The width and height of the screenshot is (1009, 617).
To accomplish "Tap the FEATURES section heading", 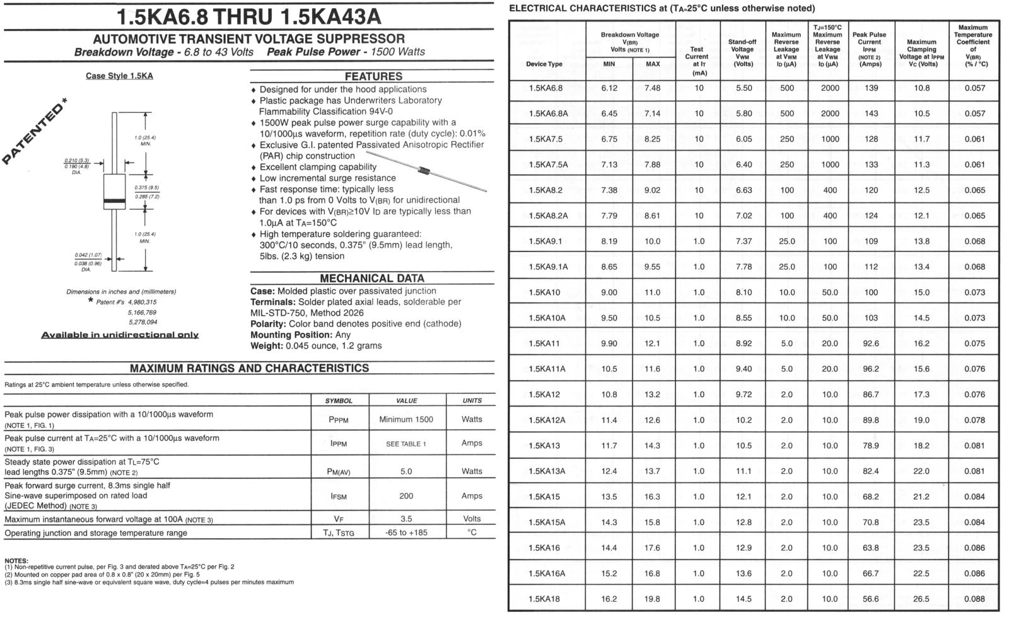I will point(373,76).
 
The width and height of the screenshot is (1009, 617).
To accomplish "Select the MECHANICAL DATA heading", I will point(372,278).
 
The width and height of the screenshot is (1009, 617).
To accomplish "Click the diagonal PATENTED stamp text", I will point(35,132).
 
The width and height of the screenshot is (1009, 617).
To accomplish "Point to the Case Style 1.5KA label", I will point(119,76).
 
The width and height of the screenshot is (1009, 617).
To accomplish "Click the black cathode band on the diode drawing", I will point(114,201).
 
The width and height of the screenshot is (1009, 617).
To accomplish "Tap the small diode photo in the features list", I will point(426,170).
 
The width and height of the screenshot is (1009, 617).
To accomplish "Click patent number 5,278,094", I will point(142,322).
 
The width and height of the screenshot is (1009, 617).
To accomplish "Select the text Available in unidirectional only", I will point(120,335).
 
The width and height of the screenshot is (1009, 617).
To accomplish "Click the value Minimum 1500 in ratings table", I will point(406,419).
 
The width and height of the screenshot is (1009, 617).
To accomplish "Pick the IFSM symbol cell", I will point(339,496).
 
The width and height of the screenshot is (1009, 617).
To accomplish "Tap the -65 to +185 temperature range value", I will point(406,533).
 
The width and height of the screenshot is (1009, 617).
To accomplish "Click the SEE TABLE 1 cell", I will point(406,444).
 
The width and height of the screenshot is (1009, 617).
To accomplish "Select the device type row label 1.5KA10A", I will point(547,318).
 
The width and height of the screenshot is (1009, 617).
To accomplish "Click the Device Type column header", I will point(544,64).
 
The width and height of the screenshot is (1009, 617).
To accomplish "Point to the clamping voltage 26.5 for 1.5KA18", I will point(921,599).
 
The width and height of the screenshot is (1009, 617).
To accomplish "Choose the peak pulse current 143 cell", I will point(872,113).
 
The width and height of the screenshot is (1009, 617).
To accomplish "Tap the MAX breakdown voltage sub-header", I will point(653,64).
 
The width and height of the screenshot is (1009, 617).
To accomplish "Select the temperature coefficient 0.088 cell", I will point(974,599).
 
